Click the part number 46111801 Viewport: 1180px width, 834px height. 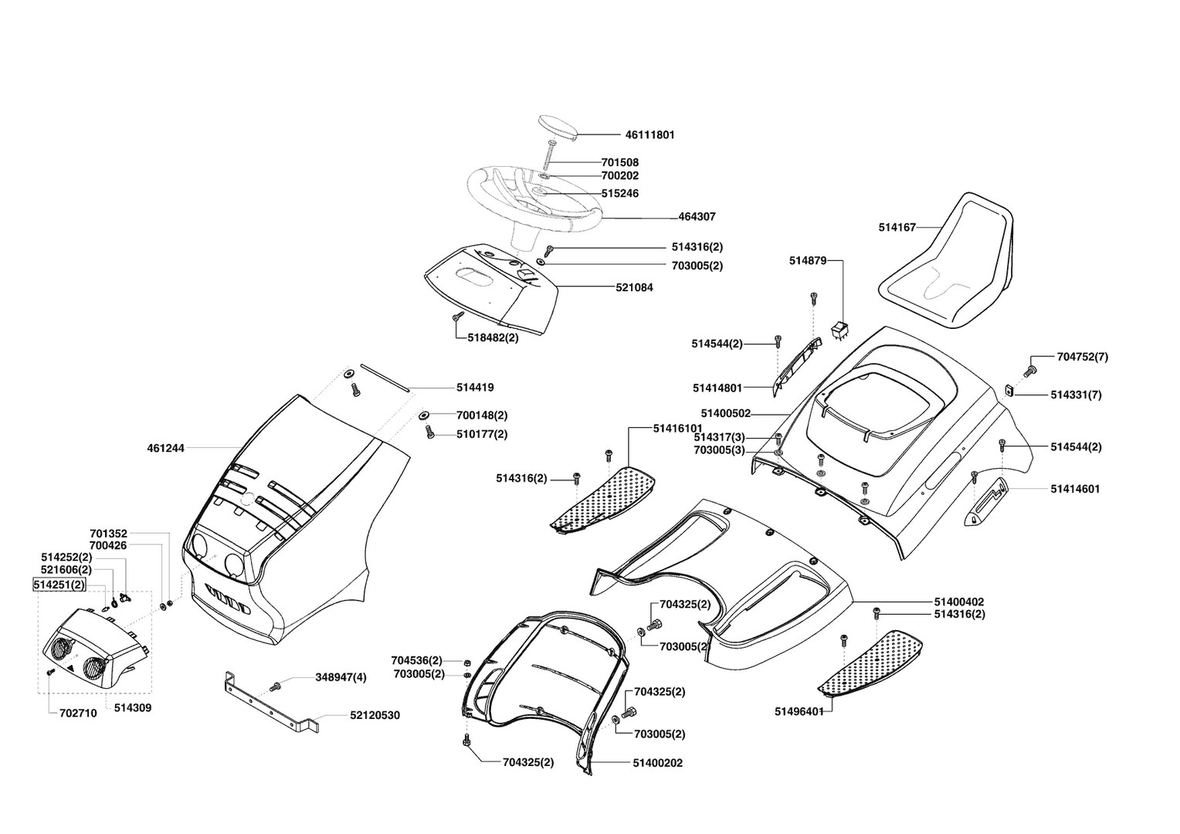click(649, 135)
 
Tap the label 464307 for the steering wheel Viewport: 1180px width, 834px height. click(697, 217)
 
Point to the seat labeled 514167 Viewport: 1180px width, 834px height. click(950, 263)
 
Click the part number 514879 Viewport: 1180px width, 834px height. click(808, 261)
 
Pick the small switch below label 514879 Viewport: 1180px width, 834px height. click(839, 330)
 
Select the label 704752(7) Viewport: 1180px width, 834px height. click(1082, 357)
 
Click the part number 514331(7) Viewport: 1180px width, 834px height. click(1076, 395)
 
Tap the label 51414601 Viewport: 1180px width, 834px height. click(1075, 489)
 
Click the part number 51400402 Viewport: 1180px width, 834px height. click(959, 602)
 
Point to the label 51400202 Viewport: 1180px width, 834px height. click(657, 763)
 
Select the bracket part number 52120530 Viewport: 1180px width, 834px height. click(375, 716)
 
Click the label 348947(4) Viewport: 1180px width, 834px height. click(341, 677)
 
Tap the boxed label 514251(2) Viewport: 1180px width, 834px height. click(59, 585)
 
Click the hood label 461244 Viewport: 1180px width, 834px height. click(165, 448)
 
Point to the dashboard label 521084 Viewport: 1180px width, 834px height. click(634, 287)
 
